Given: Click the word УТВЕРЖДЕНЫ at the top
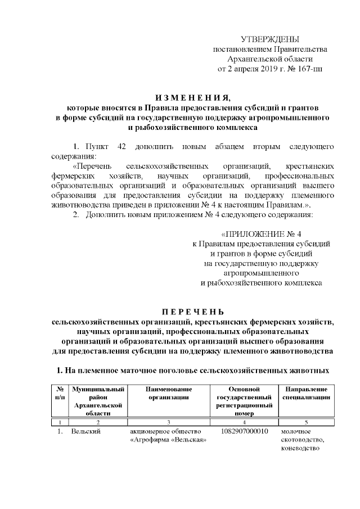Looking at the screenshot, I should tap(269, 39).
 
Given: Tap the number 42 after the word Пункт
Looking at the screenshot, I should tap(121, 146).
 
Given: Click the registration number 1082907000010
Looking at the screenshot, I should tap(244, 431).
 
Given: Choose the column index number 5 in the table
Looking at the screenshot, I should tap(307, 422).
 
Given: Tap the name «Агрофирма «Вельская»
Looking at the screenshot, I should tap(168, 440).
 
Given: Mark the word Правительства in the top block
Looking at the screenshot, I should tap(296, 49).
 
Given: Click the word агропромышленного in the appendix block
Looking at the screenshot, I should tap(260, 273).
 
